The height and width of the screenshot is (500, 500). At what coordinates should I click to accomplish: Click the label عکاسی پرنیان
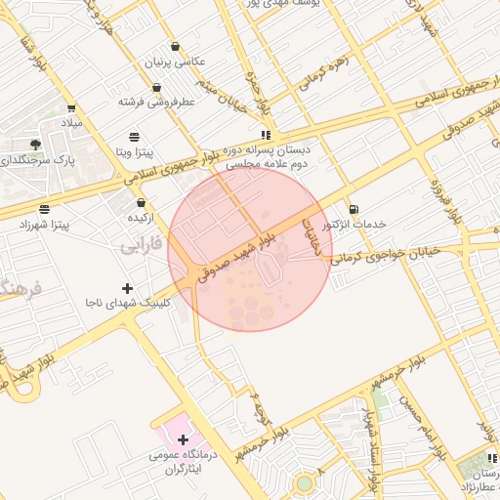click(176, 62)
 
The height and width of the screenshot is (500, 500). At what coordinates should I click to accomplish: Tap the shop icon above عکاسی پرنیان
click(175, 46)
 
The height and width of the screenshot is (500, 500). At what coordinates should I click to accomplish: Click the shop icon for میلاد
click(71, 108)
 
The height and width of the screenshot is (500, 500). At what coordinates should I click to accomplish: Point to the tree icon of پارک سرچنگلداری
click(36, 145)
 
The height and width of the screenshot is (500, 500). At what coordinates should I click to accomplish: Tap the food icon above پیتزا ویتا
click(134, 135)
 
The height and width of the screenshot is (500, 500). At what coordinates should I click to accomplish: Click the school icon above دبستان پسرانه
click(266, 136)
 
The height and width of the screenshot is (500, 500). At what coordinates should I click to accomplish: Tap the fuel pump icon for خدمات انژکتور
click(353, 208)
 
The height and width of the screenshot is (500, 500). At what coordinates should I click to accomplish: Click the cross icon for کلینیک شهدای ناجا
click(126, 287)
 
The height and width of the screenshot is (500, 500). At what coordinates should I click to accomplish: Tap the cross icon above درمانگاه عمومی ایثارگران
click(183, 439)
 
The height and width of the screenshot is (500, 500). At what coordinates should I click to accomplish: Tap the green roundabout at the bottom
click(306, 483)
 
